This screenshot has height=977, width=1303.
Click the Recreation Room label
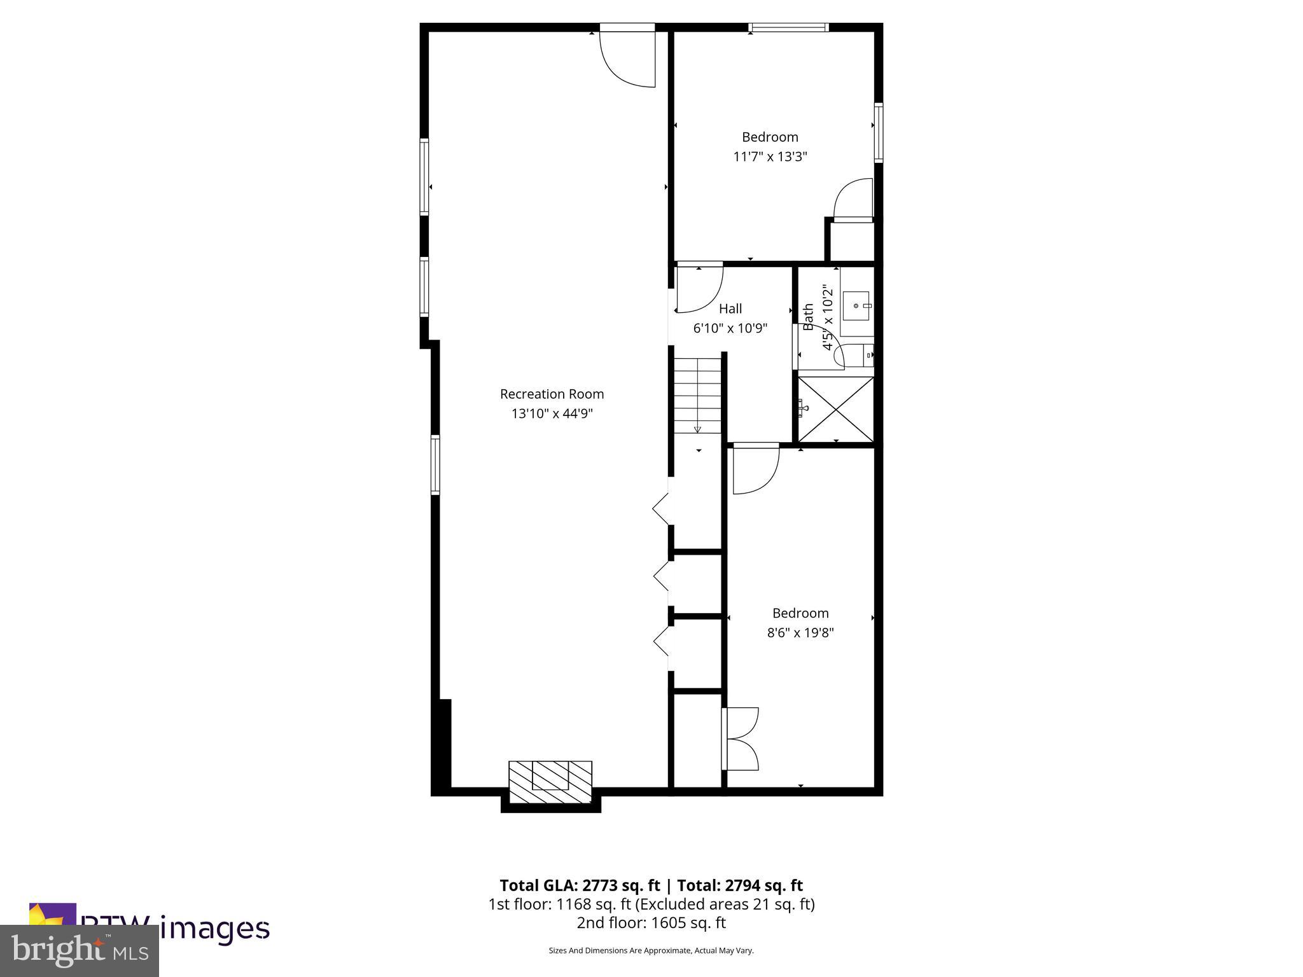(x=552, y=394)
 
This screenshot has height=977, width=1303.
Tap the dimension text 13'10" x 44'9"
(x=552, y=413)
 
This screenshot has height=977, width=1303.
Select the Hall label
(x=730, y=308)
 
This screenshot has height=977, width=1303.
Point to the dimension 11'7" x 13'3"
(x=770, y=156)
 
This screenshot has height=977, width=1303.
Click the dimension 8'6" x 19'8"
(x=800, y=633)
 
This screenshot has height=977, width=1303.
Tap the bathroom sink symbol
(x=856, y=306)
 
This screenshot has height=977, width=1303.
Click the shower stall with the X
(x=835, y=408)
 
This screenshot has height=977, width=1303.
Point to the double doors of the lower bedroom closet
(x=741, y=738)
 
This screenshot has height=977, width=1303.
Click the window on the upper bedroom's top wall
(x=788, y=27)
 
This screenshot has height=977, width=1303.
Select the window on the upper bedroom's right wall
(x=878, y=132)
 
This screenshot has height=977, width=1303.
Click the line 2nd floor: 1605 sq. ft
(x=651, y=923)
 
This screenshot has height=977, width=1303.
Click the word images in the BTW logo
(x=214, y=929)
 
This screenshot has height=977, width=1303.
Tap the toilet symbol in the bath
(x=867, y=356)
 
